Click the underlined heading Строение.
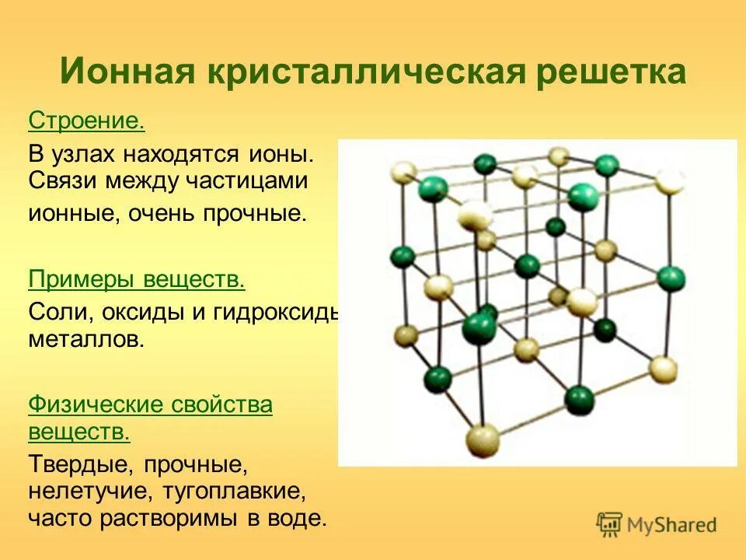[x=87, y=121]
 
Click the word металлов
[x=86, y=340]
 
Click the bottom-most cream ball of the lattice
[x=483, y=441]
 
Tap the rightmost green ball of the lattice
[x=671, y=278]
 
